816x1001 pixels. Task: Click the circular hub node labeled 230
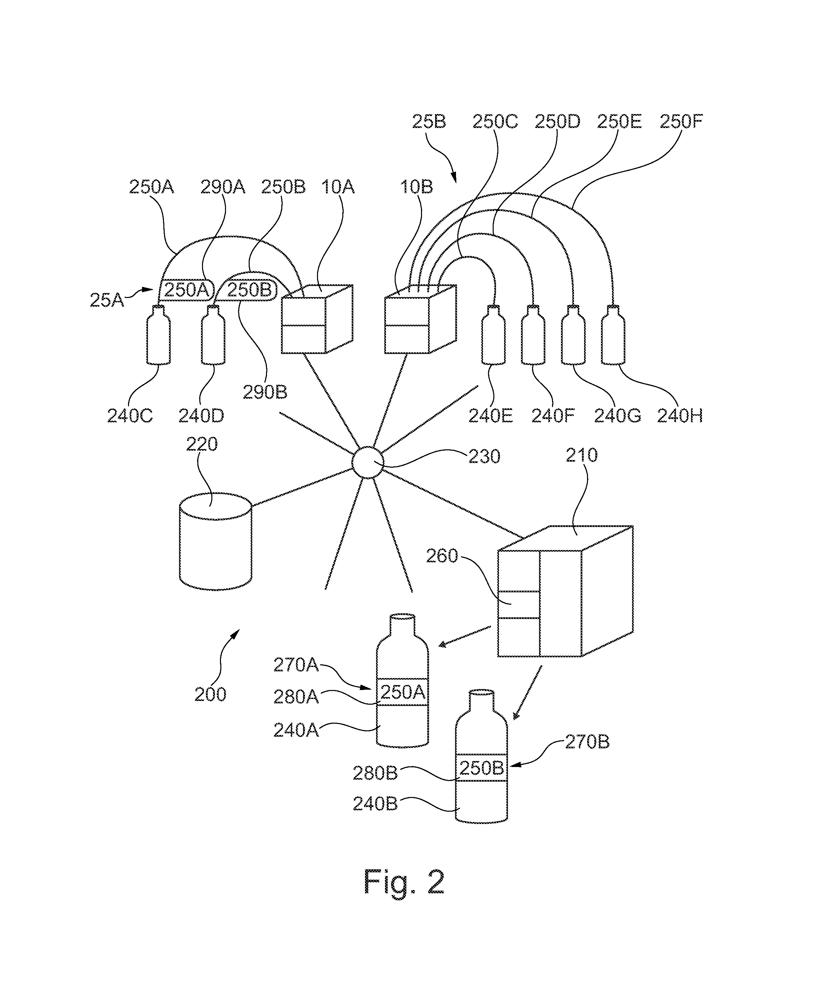[368, 462]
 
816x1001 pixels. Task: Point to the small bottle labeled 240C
[158, 335]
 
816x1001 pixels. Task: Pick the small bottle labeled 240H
[613, 335]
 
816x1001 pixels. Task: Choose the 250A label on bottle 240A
[403, 692]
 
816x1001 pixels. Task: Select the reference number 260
[442, 556]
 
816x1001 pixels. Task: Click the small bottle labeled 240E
[494, 335]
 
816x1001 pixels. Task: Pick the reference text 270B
[587, 742]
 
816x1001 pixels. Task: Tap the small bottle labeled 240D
[213, 335]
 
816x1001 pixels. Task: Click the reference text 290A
[223, 187]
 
